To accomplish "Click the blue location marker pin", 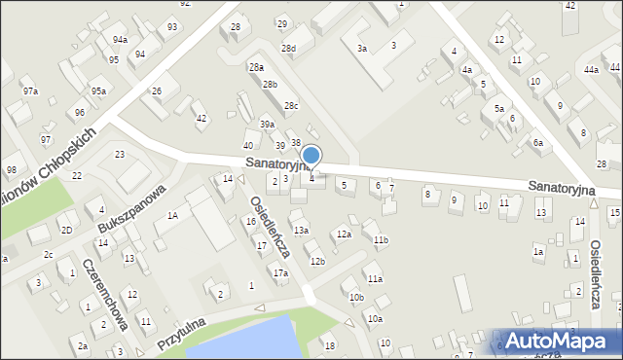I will [x=311, y=156].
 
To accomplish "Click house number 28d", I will [x=288, y=48].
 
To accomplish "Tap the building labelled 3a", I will [x=362, y=49].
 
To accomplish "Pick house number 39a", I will [x=267, y=125].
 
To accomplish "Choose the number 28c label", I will [x=290, y=105].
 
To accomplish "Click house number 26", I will [x=157, y=91].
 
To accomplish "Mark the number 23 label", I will [x=120, y=155].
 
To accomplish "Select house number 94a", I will [x=119, y=40].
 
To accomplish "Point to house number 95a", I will [x=98, y=90].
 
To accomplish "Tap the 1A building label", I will [x=171, y=215].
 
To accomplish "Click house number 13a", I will [x=302, y=230].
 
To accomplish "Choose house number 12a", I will [x=344, y=234].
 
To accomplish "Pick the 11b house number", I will [x=381, y=239].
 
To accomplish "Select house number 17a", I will [x=280, y=273].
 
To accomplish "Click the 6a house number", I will [x=537, y=142].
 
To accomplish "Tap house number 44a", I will [x=591, y=70].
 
